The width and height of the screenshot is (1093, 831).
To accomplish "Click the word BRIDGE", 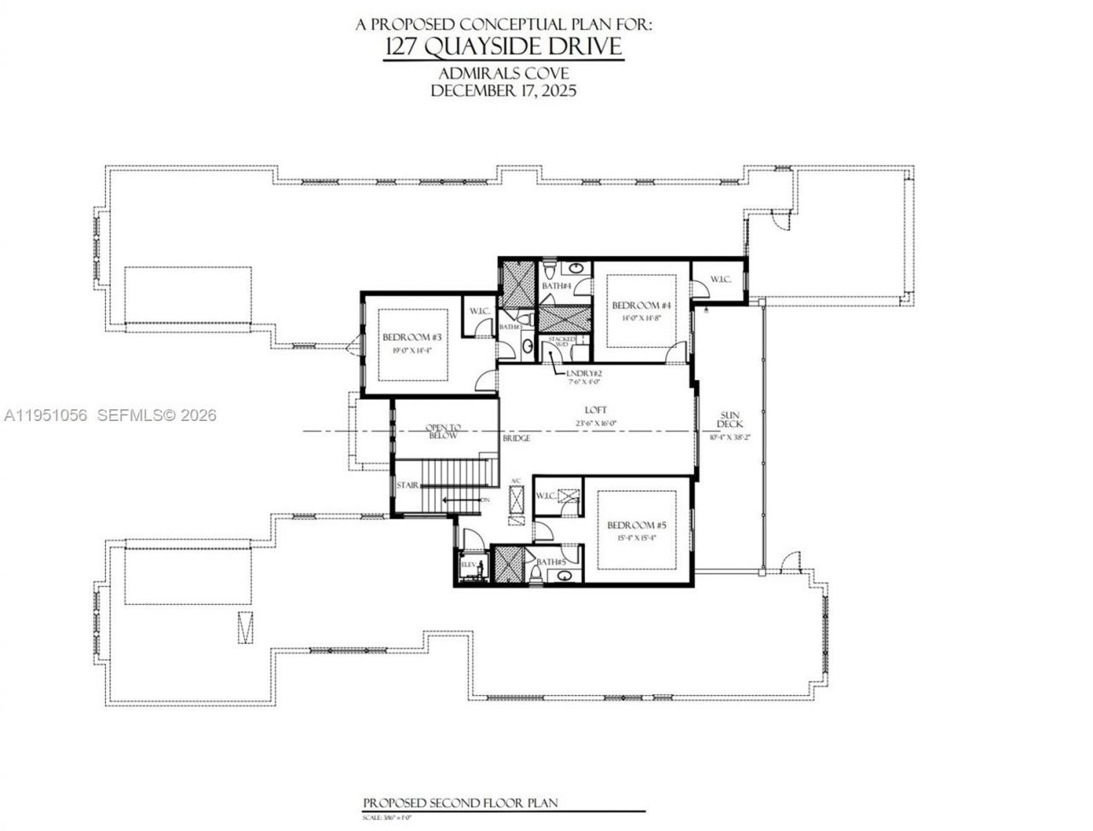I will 516,438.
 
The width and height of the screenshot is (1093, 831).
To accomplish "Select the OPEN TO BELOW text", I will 443,431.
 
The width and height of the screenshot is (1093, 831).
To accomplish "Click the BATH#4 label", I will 556,285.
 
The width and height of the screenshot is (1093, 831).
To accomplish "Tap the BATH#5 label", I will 552,561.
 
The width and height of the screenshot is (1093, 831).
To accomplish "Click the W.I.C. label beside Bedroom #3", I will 480,311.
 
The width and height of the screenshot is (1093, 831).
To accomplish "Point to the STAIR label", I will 407,485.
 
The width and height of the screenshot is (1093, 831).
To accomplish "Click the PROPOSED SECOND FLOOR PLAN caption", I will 459,803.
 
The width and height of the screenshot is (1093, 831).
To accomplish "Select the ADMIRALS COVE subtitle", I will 503,73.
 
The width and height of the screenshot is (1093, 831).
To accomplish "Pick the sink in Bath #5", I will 564,576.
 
